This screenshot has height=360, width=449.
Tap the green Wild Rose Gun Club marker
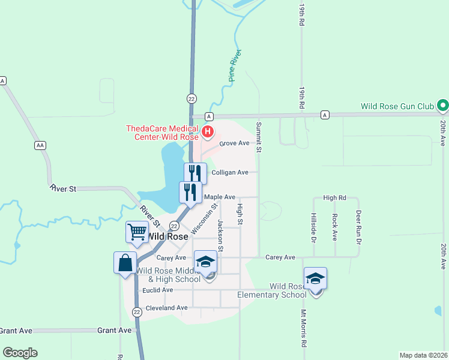point(443,106)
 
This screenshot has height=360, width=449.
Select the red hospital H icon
point(208,131)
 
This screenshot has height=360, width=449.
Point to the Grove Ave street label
point(234,143)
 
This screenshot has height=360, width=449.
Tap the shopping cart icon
point(137,230)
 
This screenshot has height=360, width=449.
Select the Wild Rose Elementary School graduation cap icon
point(315,278)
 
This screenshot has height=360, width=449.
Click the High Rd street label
point(335,197)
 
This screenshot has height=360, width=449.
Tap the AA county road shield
point(40,145)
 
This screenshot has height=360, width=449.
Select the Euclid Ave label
point(158,290)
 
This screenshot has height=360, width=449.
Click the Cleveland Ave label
point(167,308)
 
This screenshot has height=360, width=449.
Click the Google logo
point(20,353)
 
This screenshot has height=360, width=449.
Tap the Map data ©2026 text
point(423,355)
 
